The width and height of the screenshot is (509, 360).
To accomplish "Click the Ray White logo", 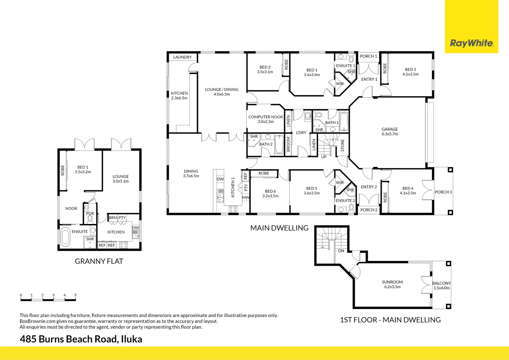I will tap(471, 43).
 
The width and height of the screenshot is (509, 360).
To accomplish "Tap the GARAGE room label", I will tap(389, 129).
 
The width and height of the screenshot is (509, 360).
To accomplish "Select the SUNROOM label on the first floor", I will tap(392, 282).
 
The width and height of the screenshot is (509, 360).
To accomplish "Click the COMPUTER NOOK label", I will tap(265, 117).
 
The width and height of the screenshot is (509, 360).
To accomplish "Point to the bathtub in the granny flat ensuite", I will tap(65, 237).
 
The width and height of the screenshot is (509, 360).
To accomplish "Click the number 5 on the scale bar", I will tap(75, 295).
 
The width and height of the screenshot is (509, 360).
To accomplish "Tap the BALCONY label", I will tap(441, 283).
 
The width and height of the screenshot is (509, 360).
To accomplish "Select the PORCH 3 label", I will tap(443, 192).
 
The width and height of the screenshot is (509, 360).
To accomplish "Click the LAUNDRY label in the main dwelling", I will tap(182, 57).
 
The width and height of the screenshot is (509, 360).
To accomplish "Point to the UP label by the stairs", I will tap(323, 157).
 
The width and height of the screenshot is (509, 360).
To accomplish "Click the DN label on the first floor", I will tap(341, 251).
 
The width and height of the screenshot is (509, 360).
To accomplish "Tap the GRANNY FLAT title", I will tap(99, 261).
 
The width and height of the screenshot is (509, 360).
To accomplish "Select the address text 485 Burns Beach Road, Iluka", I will tap(81, 339).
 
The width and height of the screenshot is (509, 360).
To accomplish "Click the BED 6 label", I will tap(270, 191).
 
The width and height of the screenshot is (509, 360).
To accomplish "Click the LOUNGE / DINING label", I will tap(222, 90).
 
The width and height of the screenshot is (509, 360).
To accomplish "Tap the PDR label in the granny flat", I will tap(90, 214).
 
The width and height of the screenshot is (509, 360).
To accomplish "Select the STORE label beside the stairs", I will tap(342, 146).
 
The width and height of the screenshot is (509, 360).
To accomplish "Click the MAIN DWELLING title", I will tap(279, 228).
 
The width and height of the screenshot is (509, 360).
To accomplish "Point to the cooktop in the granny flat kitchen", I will tap(123, 245).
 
